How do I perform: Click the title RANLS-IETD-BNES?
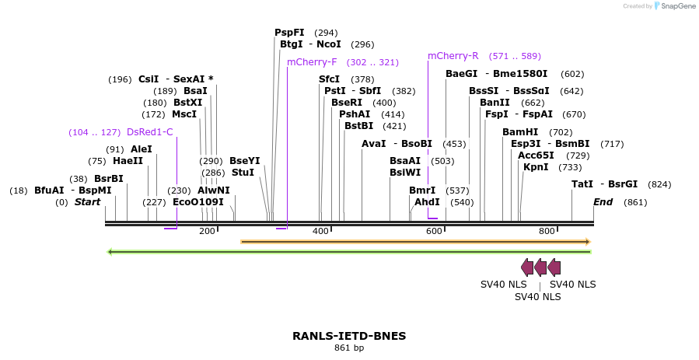pyautogui.click(x=349, y=336)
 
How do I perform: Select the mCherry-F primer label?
pyautogui.click(x=312, y=62)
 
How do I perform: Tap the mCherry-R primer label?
pyautogui.click(x=453, y=56)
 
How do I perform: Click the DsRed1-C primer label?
pyautogui.click(x=150, y=132)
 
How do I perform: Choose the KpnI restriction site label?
pyautogui.click(x=536, y=167)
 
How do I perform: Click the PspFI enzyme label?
pyautogui.click(x=289, y=33)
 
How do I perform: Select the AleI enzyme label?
pyautogui.click(x=142, y=149)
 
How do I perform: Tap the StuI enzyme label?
pyautogui.click(x=243, y=173)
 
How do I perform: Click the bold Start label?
pyautogui.click(x=88, y=202)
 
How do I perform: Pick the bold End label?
pyautogui.click(x=603, y=202)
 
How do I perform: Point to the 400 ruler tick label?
pyautogui.click(x=320, y=231)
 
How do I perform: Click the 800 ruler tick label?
pyautogui.click(x=547, y=231)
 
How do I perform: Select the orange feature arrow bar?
pyautogui.click(x=415, y=242)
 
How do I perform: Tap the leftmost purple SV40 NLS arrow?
pyautogui.click(x=527, y=267)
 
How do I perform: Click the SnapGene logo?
pyautogui.click(x=674, y=5)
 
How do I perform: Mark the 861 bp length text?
pyautogui.click(x=349, y=348)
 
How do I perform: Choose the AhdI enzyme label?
pyautogui.click(x=427, y=202)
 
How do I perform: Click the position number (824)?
pyautogui.click(x=659, y=184)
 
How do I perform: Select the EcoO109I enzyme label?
pyautogui.click(x=197, y=202)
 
